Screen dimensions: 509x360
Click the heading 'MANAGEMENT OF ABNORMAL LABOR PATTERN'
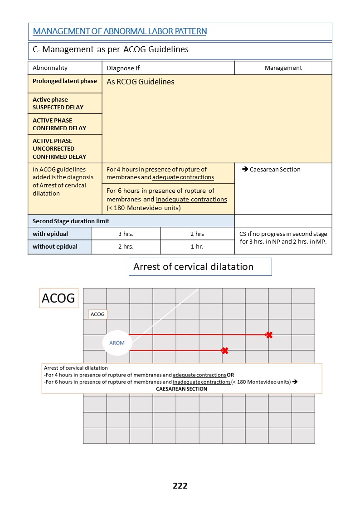tap(120, 31)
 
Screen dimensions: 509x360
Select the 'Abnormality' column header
tap(50, 68)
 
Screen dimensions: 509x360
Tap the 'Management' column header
tap(283, 68)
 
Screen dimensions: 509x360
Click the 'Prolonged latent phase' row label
tap(65, 81)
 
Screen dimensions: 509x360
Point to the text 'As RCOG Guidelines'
tap(141, 82)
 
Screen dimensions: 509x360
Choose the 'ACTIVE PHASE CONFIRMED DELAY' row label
tap(59, 124)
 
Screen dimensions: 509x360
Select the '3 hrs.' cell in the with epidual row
tap(126, 234)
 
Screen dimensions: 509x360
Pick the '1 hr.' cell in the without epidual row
tap(197, 246)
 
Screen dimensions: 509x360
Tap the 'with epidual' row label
tap(50, 234)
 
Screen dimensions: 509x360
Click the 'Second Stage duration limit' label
tap(71, 221)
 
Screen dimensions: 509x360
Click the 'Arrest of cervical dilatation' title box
tap(200, 267)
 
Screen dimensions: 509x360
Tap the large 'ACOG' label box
tap(59, 298)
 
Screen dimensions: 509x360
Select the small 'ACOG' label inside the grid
tap(97, 314)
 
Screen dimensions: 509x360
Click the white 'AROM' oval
tap(117, 343)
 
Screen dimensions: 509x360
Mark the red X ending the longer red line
tap(269, 335)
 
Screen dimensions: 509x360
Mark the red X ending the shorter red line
tap(224, 351)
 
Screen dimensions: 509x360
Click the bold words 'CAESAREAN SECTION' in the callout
tap(182, 389)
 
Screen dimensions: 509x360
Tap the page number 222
tap(180, 485)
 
